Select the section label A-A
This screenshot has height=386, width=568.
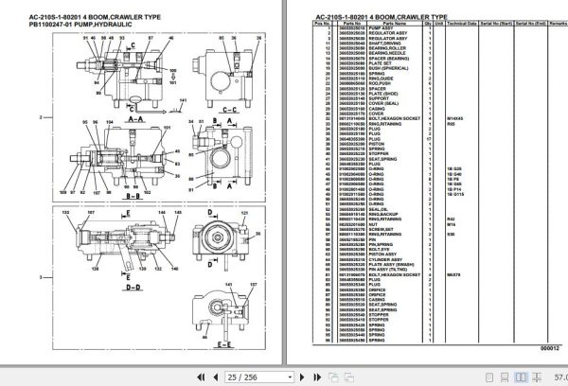click(x=133, y=122)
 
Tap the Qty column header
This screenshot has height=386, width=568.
click(x=429, y=23)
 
